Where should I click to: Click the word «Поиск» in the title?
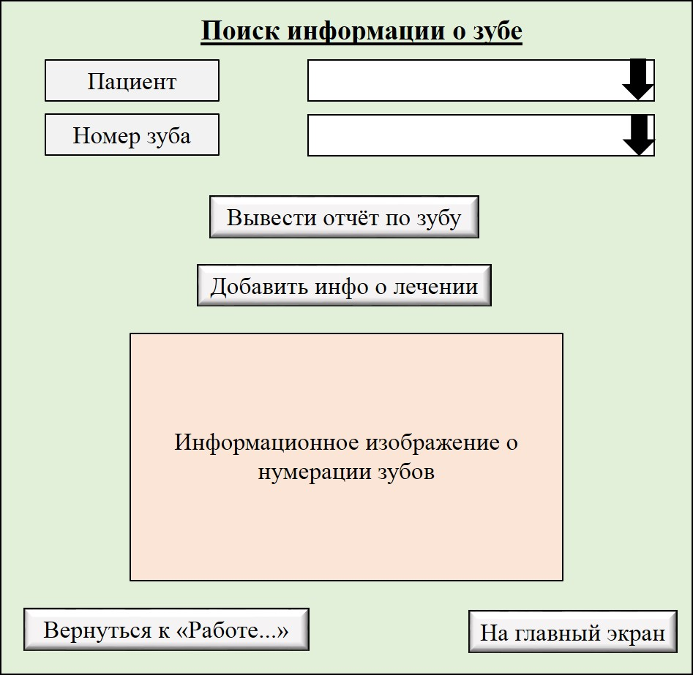[x=241, y=31]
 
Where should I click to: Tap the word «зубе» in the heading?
[x=498, y=31]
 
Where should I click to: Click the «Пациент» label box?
[x=132, y=80]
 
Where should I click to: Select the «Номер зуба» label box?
[x=132, y=135]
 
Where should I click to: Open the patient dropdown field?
[x=481, y=80]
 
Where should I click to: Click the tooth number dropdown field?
[x=481, y=135]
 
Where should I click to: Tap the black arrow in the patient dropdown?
[x=638, y=80]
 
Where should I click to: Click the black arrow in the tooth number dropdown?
[x=639, y=135]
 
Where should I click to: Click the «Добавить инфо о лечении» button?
[x=344, y=285]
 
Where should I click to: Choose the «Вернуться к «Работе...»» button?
[x=166, y=630]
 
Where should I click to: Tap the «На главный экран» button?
[x=573, y=632]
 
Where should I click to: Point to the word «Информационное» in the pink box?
[x=266, y=442]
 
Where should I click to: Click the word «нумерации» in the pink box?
[x=315, y=472]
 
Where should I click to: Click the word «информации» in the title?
[x=366, y=31]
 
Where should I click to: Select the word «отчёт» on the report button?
[x=351, y=217]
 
